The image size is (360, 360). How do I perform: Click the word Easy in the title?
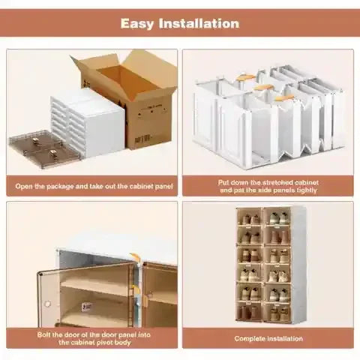coord(140,23)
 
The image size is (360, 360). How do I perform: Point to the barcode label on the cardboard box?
coord(142,139)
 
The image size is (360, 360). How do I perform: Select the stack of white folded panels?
coord(86,124)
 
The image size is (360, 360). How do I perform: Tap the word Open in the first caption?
coord(23,185)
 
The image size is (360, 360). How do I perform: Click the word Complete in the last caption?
coord(249,337)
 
